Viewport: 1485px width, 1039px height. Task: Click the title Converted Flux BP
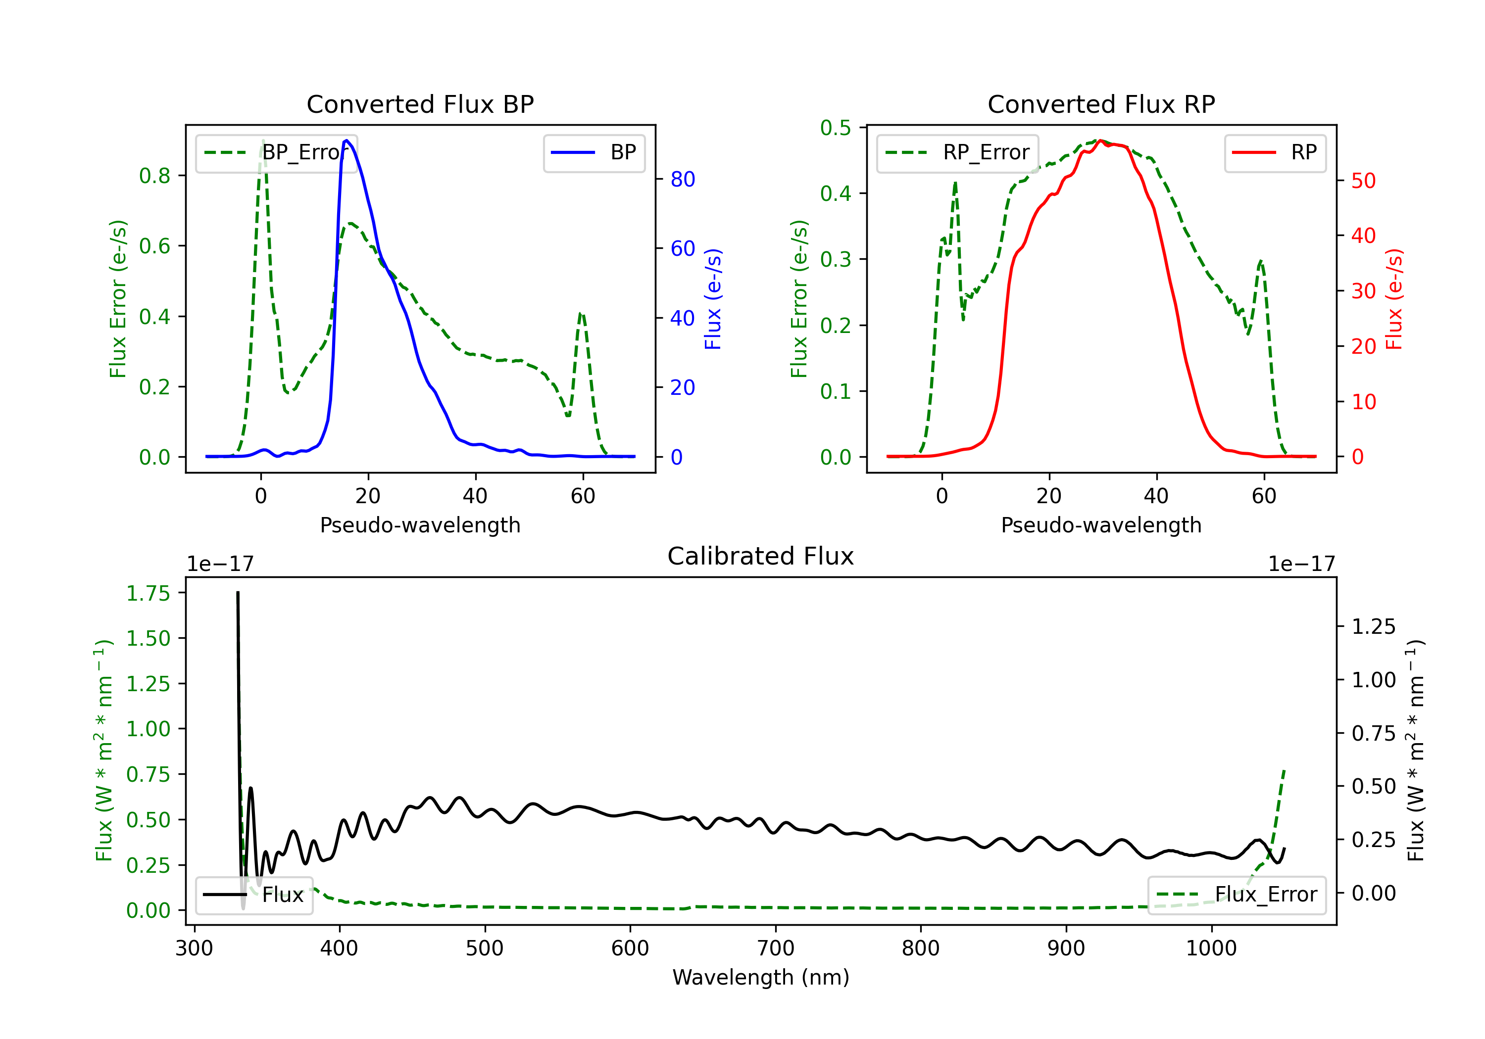420,104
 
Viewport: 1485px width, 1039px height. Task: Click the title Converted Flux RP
1101,104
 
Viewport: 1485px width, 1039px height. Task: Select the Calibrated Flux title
761,556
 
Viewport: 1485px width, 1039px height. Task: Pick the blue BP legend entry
594,152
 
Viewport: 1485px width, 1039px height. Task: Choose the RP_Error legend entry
957,152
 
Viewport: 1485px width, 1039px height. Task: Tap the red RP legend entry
1275,152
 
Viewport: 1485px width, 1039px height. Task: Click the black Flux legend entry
253,895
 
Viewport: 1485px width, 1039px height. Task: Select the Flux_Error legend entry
1237,895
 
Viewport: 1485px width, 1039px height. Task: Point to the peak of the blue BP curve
346,141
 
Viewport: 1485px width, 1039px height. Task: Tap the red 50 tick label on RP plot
1363,181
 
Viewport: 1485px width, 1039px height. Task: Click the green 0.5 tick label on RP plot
836,127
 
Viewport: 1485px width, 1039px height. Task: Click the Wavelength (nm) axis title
761,978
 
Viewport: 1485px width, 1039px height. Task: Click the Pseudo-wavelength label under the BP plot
420,525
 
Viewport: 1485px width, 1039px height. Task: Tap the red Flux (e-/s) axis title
1394,299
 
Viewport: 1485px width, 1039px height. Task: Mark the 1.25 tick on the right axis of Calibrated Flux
1374,626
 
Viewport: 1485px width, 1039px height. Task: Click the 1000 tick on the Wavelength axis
1211,948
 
